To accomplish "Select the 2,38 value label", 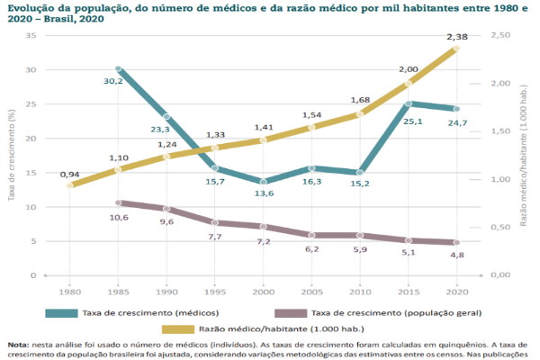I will [458, 37].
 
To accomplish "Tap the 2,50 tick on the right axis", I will [499, 35].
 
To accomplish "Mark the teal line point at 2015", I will [409, 103].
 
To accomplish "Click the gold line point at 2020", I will [457, 48].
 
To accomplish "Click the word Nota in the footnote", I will [17, 344].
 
